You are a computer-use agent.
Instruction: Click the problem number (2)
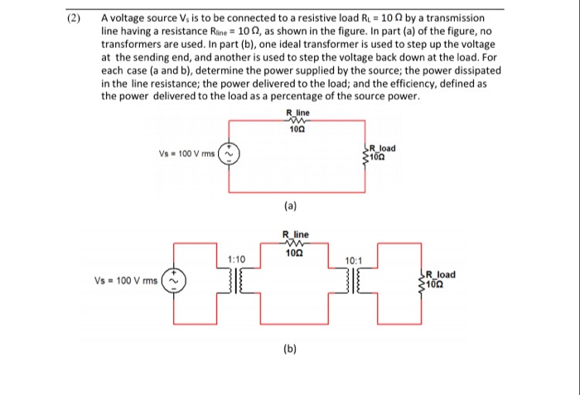click(x=77, y=17)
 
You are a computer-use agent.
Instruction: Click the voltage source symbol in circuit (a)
click(x=230, y=155)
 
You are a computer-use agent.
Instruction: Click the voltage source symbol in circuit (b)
click(x=176, y=282)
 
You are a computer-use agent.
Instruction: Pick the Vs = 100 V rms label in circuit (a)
click(x=186, y=154)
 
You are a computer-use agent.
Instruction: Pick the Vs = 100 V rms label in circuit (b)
click(x=129, y=282)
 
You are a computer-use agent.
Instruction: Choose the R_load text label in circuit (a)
click(x=383, y=148)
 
